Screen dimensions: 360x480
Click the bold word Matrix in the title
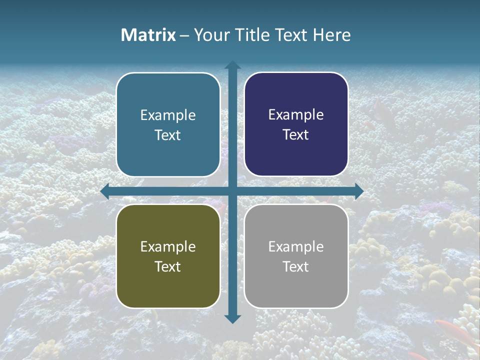tap(148, 35)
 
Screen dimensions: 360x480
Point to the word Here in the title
tap(331, 35)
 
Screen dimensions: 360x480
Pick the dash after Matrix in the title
tap(184, 35)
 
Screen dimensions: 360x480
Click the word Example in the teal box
tap(168, 115)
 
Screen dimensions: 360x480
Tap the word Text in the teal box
tap(168, 135)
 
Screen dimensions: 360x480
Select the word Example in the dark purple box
tap(296, 115)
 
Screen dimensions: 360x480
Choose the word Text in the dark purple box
tap(296, 134)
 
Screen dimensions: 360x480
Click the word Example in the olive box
tap(168, 246)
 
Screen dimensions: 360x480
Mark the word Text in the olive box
tap(168, 266)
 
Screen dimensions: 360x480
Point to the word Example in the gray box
tap(296, 246)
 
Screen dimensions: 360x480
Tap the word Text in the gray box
tap(296, 266)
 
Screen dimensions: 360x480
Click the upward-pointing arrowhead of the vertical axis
tap(232, 65)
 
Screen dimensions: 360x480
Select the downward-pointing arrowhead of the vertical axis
tap(232, 318)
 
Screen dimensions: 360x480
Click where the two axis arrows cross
tap(232, 191)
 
